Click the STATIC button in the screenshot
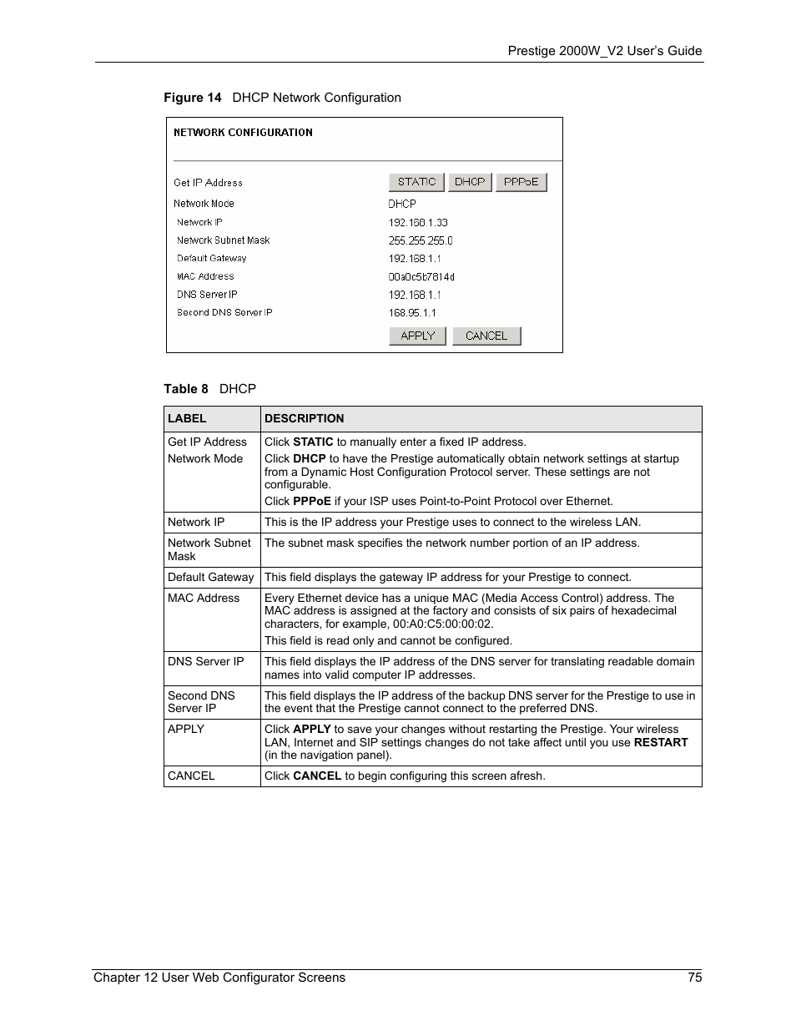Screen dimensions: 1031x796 click(416, 182)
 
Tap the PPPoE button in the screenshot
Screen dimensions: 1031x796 click(521, 182)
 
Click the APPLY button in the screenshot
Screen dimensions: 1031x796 click(417, 336)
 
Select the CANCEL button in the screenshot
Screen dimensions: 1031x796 click(486, 336)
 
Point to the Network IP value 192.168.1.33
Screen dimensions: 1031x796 click(418, 223)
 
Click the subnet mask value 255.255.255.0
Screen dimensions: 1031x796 click(421, 240)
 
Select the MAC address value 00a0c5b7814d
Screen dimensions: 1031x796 click(421, 277)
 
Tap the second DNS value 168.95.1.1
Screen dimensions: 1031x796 click(412, 313)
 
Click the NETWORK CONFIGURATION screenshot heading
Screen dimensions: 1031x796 click(243, 133)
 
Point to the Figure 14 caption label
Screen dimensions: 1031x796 click(193, 98)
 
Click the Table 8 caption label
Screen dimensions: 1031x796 click(186, 389)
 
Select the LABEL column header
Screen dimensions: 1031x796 click(187, 419)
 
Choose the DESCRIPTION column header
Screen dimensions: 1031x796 click(304, 419)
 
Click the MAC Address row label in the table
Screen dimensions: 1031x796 click(204, 599)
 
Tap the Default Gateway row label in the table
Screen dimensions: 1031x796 click(210, 578)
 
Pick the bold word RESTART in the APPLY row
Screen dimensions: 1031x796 click(661, 742)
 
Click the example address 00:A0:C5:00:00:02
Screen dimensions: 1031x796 click(442, 624)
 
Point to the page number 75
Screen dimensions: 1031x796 click(695, 978)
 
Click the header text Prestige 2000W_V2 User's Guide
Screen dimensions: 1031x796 click(605, 51)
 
